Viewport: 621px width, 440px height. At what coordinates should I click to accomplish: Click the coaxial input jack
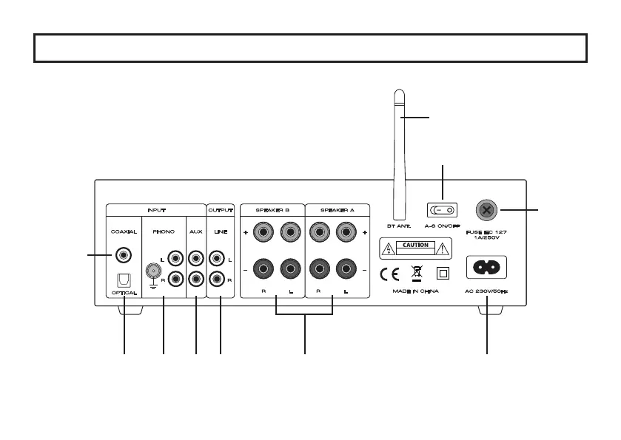[x=124, y=256]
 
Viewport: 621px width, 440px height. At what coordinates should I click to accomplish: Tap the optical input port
[x=124, y=280]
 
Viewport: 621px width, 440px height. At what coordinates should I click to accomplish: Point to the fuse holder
[x=486, y=210]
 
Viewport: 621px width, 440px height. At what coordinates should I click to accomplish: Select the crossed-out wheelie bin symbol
[x=417, y=272]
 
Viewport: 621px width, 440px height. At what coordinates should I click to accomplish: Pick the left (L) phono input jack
[x=175, y=259]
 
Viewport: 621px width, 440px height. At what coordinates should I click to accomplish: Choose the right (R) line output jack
[x=217, y=280]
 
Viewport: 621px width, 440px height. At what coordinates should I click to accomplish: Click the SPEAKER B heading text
[x=272, y=209]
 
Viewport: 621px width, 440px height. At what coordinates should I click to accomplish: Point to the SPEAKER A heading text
[x=337, y=209]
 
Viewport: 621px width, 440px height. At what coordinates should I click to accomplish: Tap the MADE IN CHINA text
[x=415, y=291]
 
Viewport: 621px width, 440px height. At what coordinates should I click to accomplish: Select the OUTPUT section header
[x=220, y=209]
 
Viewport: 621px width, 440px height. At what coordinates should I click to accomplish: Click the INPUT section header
[x=155, y=209]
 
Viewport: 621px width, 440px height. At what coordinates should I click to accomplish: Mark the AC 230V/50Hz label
[x=486, y=291]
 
